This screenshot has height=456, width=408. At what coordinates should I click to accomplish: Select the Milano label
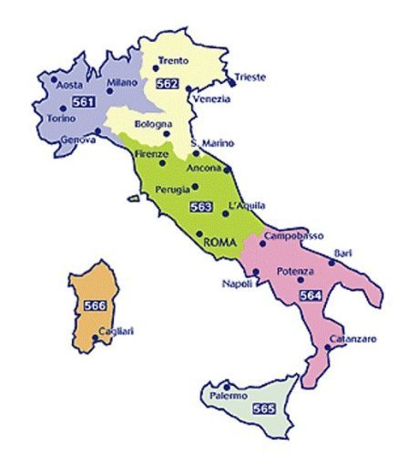pyautogui.click(x=121, y=82)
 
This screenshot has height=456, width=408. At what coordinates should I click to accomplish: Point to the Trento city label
pyautogui.click(x=173, y=60)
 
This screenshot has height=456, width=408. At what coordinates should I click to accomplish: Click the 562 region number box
pyautogui.click(x=167, y=83)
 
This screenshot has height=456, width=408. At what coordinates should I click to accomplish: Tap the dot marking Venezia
pyautogui.click(x=189, y=88)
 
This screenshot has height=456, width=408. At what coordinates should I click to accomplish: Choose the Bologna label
pyautogui.click(x=154, y=123)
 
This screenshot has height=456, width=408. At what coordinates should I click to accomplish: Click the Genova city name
pyautogui.click(x=78, y=141)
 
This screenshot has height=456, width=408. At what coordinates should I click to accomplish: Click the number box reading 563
pyautogui.click(x=201, y=207)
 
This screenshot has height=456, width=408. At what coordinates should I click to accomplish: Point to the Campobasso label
pyautogui.click(x=293, y=235)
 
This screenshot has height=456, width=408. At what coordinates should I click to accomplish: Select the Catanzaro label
pyautogui.click(x=352, y=339)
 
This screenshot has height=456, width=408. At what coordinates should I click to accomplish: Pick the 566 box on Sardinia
pyautogui.click(x=94, y=306)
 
